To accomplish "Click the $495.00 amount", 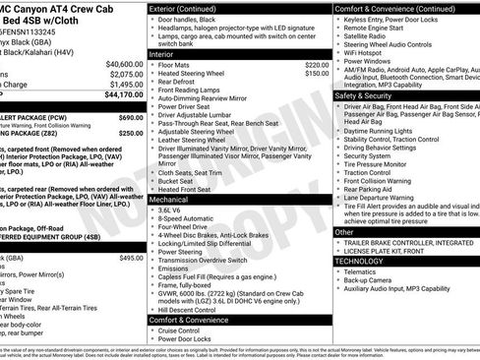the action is pos(131,258).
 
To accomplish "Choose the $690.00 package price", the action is pos(131,117).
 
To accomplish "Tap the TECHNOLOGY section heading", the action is pos(359,261).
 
